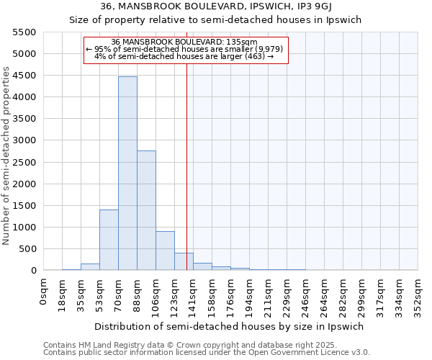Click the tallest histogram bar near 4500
tap(127, 173)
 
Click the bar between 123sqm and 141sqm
tap(184, 261)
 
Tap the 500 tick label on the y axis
tap(28, 249)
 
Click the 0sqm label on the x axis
tap(44, 292)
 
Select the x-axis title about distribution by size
tap(230, 326)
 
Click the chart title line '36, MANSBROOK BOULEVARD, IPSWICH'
tap(215, 7)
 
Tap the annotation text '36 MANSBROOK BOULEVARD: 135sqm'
tap(185, 42)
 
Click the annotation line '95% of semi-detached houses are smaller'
tap(185, 49)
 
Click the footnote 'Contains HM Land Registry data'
tap(165, 345)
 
